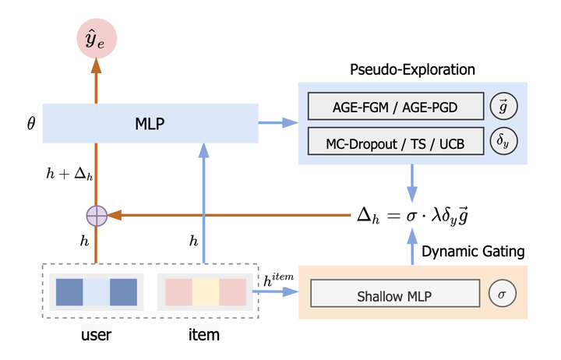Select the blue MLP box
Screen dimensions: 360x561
[150, 123]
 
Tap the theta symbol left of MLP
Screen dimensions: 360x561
[30, 123]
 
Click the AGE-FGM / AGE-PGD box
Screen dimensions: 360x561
[395, 106]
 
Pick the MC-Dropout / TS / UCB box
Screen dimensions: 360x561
[395, 141]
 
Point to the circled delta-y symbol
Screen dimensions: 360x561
[501, 141]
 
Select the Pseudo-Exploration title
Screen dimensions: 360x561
[413, 71]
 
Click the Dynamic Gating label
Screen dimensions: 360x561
[473, 251]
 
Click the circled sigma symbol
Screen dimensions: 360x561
[501, 294]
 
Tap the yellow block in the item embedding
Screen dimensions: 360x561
[206, 292]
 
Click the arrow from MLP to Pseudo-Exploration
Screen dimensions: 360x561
[277, 123]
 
